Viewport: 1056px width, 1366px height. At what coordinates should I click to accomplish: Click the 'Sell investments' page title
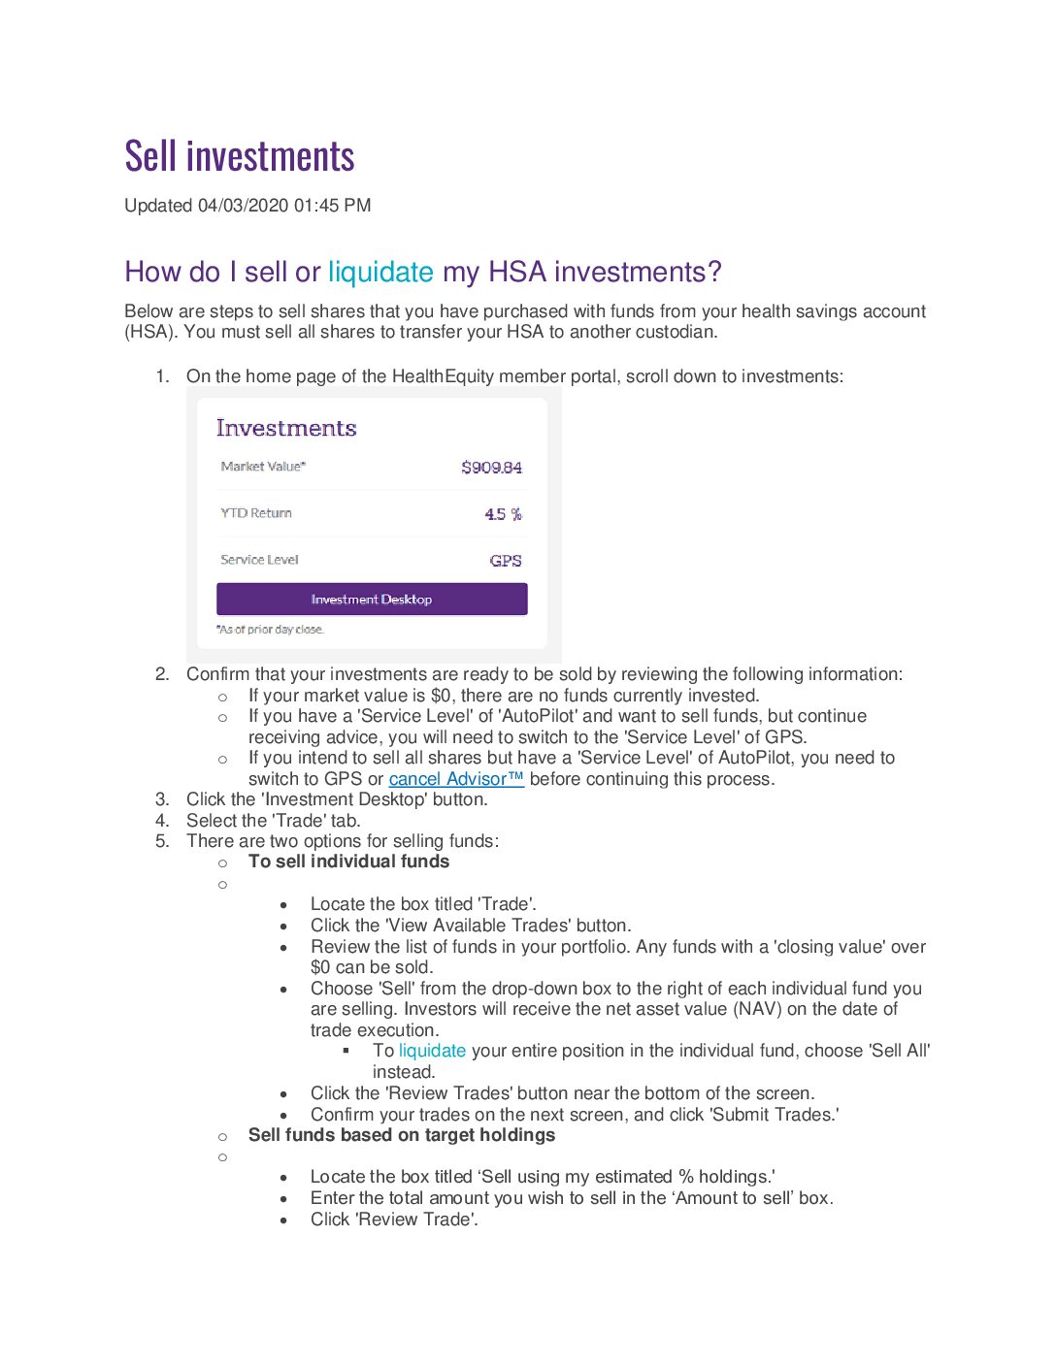[x=240, y=157]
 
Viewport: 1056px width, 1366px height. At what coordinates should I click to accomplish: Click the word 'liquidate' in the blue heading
[x=380, y=273]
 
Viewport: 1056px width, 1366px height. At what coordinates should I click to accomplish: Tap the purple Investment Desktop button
[x=372, y=600]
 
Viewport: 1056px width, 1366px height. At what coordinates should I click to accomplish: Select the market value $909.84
[x=491, y=468]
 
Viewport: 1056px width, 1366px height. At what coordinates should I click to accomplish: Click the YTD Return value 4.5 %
[x=503, y=514]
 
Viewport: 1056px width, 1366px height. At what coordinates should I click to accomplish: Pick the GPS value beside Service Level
[x=506, y=561]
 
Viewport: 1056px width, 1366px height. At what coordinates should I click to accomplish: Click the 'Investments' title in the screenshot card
[x=286, y=428]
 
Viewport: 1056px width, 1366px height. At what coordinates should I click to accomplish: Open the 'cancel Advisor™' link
[x=456, y=779]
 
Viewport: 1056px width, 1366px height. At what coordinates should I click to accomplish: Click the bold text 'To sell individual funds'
[x=348, y=862]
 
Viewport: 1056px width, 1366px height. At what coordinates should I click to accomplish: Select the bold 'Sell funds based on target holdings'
[x=402, y=1135]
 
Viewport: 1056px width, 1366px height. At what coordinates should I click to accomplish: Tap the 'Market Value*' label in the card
[x=263, y=467]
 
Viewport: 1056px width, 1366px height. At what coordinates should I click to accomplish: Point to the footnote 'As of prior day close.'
[x=271, y=630]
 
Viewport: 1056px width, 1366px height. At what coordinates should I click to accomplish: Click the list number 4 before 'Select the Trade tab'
[x=162, y=821]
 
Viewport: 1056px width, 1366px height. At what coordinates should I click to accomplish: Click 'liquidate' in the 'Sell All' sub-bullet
[x=432, y=1051]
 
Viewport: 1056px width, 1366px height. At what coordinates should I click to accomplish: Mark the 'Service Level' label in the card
[x=259, y=560]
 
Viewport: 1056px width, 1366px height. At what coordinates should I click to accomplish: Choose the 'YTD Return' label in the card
[x=256, y=513]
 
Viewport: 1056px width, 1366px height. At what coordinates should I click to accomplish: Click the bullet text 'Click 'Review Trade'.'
[x=394, y=1220]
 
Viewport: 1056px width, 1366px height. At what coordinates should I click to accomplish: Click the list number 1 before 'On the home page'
[x=162, y=376]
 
